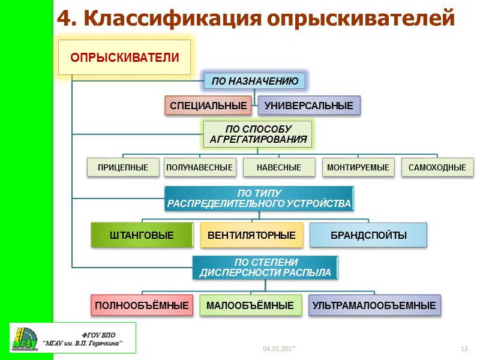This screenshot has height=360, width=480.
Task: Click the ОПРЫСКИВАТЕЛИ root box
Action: pos(125,58)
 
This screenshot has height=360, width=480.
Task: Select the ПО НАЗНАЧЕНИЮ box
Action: pos(255,81)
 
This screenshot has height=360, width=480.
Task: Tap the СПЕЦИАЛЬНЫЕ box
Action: pos(208,106)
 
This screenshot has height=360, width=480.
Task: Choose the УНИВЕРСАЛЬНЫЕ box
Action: pos(309,106)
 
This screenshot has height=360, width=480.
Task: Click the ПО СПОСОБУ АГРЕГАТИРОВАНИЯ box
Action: pos(258,135)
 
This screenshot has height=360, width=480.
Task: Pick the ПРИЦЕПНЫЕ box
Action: pos(123,167)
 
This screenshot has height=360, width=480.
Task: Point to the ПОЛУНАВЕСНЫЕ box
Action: pos(199,167)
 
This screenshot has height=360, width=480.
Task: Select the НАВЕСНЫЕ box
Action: pos(279,167)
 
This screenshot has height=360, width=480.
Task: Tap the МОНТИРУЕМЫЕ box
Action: pos(358,167)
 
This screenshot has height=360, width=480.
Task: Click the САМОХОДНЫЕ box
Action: pos(437,167)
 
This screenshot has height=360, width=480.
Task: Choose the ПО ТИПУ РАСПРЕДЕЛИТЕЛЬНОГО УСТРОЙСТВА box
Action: pos(259,199)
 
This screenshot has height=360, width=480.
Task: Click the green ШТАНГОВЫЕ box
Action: pos(142,235)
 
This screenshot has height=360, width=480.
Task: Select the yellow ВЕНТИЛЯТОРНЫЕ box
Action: pos(251,235)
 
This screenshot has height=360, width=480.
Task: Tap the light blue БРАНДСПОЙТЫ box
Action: pos(368,235)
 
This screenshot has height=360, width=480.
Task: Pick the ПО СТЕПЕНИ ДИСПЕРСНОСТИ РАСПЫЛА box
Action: pos(265,268)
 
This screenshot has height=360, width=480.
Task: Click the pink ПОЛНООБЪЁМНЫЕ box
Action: pos(143,306)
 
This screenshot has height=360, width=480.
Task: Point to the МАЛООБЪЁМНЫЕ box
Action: pos(250,306)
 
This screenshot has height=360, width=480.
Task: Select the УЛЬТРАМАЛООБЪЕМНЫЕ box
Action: pos(374,306)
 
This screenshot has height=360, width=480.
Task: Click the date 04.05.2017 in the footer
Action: pos(279,349)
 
